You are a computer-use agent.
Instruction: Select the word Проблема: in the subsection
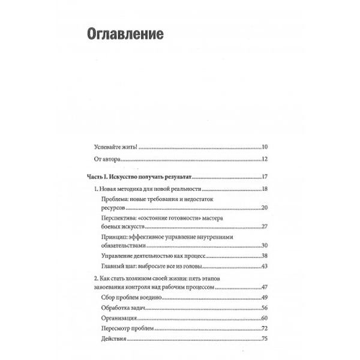(x=115, y=198)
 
